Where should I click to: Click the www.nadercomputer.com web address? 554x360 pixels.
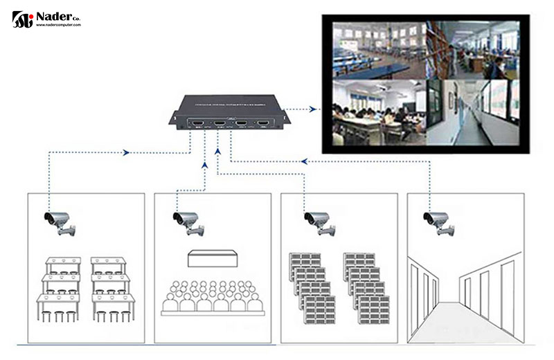click(59, 25)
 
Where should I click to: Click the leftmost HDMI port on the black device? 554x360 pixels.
click(198, 125)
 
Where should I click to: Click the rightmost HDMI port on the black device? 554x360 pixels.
click(263, 125)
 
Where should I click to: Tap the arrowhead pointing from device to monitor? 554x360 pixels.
click(314, 109)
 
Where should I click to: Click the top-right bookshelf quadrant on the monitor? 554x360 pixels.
click(473, 49)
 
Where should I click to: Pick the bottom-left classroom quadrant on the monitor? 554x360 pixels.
click(378, 112)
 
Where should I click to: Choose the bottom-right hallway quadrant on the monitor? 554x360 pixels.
click(473, 112)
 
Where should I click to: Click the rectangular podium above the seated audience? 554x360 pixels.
click(212, 258)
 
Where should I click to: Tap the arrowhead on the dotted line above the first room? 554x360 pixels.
click(126, 152)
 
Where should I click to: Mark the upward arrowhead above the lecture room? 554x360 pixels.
click(204, 165)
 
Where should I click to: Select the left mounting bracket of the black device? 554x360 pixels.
click(173, 119)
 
